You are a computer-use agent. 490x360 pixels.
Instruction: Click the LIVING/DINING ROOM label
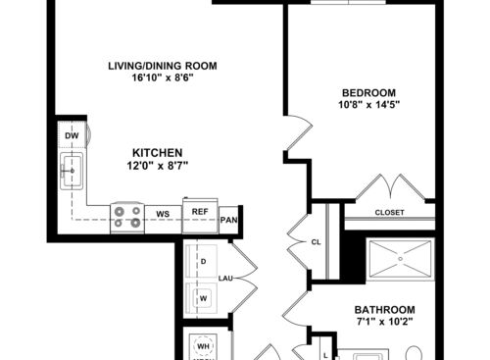[162, 66]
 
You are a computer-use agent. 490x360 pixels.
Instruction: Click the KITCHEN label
[158, 153]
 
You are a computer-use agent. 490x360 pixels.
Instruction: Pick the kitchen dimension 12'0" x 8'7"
[158, 166]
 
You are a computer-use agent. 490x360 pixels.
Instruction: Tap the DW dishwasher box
[72, 135]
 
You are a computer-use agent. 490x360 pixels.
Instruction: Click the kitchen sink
[72, 172]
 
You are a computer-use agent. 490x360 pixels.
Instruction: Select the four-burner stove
[125, 216]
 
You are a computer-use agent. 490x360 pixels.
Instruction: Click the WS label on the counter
[162, 213]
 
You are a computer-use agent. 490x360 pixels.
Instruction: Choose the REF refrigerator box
[199, 212]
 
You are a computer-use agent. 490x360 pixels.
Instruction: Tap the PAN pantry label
[229, 221]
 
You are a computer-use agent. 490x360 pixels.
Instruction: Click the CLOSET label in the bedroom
[389, 212]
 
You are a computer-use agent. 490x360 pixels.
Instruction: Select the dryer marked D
[203, 263]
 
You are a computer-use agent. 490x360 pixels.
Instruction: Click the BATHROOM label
[390, 308]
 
